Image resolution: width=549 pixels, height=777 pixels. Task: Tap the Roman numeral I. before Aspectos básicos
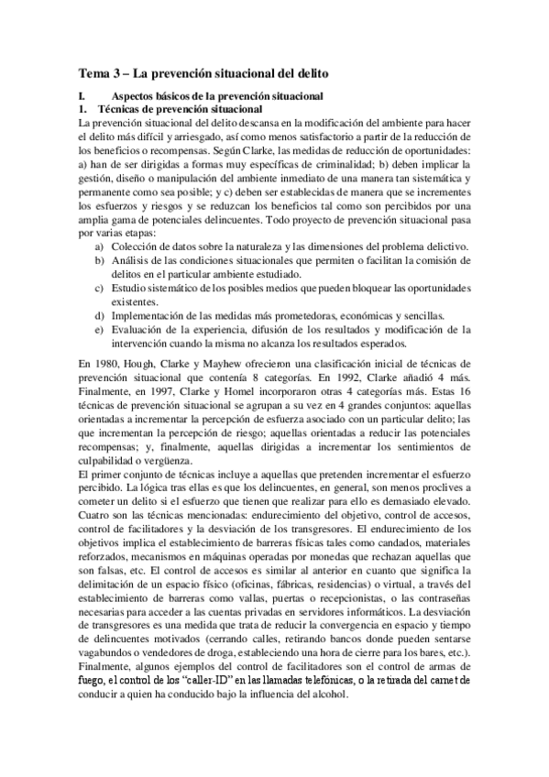click(x=81, y=96)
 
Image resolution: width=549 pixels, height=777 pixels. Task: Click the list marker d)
click(x=99, y=316)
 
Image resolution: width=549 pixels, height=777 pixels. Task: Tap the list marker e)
click(x=99, y=330)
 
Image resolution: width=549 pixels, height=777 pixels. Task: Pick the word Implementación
click(x=149, y=316)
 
